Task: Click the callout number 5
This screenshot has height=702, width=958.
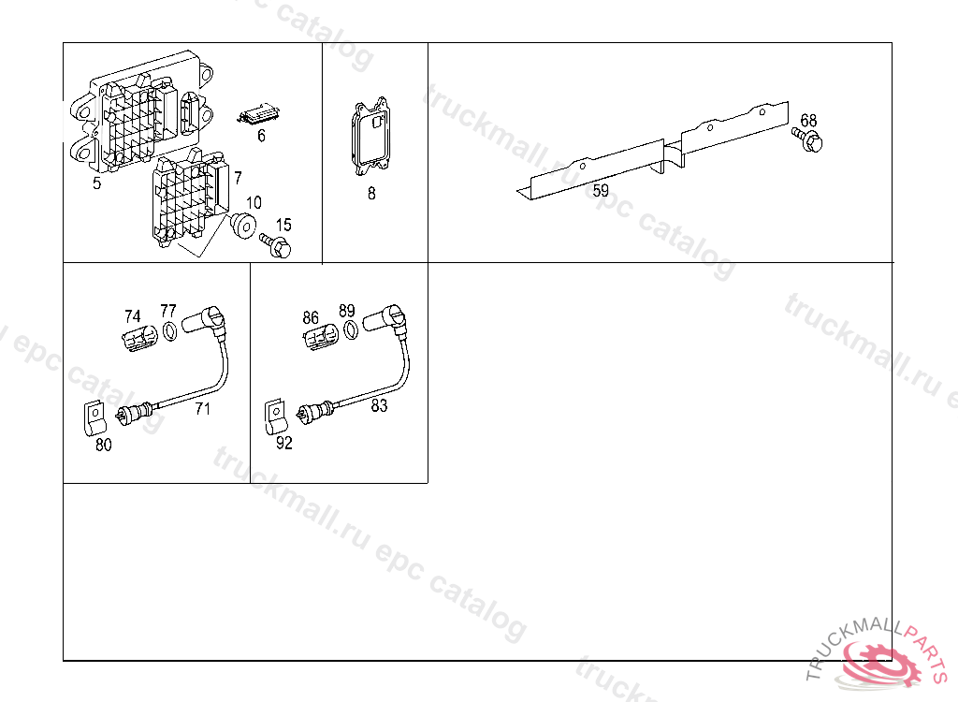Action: (96, 183)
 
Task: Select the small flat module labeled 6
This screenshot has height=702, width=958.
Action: (258, 114)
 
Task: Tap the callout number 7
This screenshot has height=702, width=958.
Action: (238, 178)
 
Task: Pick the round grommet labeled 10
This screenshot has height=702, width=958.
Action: (242, 226)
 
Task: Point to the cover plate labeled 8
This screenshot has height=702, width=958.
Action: (370, 137)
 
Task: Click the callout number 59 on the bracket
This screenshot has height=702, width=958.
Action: (601, 190)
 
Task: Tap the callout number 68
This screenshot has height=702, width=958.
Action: (808, 120)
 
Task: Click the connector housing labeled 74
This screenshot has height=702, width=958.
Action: (140, 338)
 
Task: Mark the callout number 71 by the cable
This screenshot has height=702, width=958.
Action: (203, 408)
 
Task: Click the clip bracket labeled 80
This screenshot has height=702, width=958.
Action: (94, 418)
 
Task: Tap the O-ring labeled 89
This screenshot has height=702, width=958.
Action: (352, 330)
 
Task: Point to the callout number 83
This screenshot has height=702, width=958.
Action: (380, 405)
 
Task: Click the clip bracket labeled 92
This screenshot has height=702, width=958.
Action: (276, 417)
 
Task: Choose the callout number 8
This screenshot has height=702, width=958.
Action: (371, 193)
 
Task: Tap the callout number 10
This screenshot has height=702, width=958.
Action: (254, 202)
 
